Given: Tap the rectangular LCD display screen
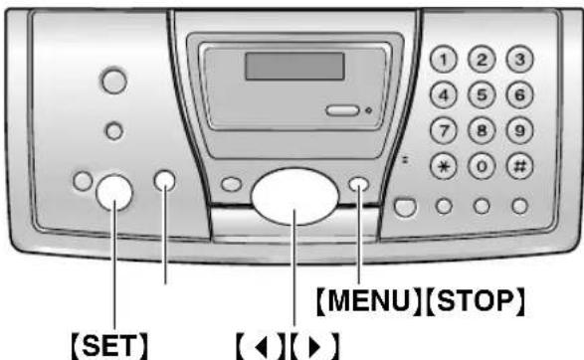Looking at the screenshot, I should [x=295, y=66].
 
